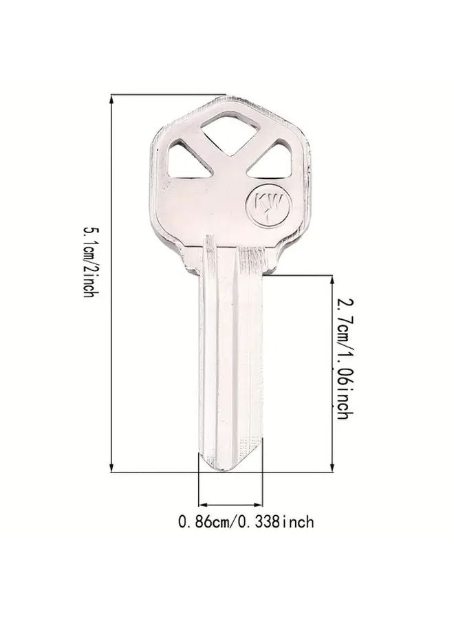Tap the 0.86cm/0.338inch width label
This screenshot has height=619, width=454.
246,522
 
